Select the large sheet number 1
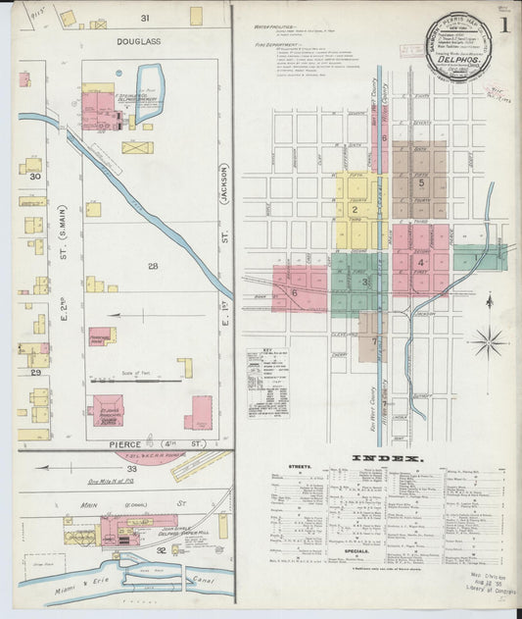point(503,25)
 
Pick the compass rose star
point(488,342)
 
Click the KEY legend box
point(266,383)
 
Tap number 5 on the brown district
point(421,182)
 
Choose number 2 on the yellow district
point(354,208)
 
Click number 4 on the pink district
point(421,262)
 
